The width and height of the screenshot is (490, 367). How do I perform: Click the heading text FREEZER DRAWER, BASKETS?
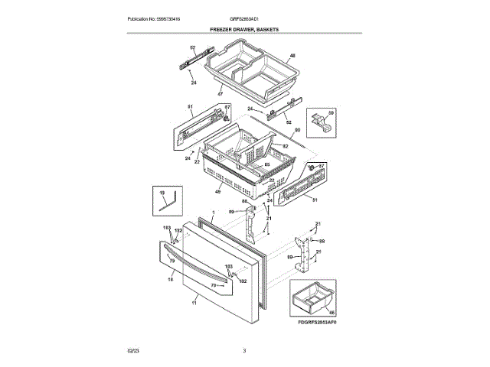pyautogui.click(x=244, y=29)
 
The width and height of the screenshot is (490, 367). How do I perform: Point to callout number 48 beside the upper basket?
pyautogui.click(x=292, y=57)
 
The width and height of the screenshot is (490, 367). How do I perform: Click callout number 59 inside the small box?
pyautogui.click(x=331, y=114)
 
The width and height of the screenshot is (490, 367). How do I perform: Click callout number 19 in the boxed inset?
pyautogui.click(x=162, y=193)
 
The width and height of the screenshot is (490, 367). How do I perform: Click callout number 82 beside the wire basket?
pyautogui.click(x=284, y=146)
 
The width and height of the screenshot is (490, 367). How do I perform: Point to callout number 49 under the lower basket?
pyautogui.click(x=218, y=191)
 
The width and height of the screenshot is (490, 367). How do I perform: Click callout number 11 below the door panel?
pyautogui.click(x=194, y=304)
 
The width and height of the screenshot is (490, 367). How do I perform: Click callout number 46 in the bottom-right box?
pyautogui.click(x=332, y=312)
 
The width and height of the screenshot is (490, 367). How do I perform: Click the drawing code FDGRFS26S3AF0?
pyautogui.click(x=316, y=323)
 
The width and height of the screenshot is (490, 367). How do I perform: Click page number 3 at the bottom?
pyautogui.click(x=244, y=351)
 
